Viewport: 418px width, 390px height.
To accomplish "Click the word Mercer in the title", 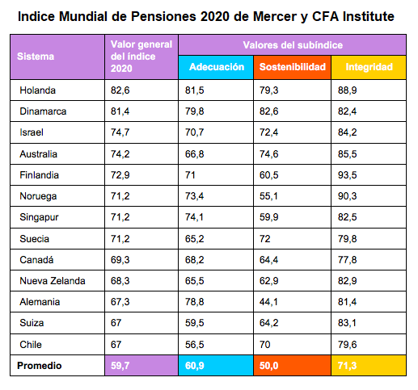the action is click(275, 16).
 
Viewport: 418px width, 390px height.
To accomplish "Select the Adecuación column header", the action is click(217, 67).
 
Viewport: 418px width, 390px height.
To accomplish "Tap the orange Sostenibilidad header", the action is click(293, 67).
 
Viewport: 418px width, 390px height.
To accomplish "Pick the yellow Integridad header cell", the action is click(369, 67).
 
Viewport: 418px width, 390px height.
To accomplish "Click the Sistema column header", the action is click(36, 57).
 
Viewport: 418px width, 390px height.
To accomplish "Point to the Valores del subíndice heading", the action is click(293, 45).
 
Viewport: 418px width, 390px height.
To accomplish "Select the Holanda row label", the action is click(37, 90).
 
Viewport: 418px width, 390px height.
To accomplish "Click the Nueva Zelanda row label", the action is click(53, 281).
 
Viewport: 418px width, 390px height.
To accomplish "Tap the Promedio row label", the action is click(40, 366).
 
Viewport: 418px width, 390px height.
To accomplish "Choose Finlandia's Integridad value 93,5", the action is click(348, 175).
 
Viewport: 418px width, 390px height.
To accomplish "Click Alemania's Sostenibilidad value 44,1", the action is click(268, 302).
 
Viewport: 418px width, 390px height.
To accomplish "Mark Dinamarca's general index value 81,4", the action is click(120, 111).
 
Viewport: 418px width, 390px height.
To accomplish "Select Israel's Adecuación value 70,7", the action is click(194, 132).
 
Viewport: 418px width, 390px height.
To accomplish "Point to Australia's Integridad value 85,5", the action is click(348, 154).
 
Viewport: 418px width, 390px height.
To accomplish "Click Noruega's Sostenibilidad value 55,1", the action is click(268, 196).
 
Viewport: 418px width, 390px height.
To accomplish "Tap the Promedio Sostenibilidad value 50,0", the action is click(268, 366).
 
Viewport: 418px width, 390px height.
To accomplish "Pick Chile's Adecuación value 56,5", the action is click(194, 345).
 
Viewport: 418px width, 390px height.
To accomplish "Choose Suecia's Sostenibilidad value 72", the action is click(264, 239).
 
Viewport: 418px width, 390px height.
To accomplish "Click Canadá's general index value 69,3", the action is click(120, 260).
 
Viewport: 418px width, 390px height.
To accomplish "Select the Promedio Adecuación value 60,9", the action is click(194, 366).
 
